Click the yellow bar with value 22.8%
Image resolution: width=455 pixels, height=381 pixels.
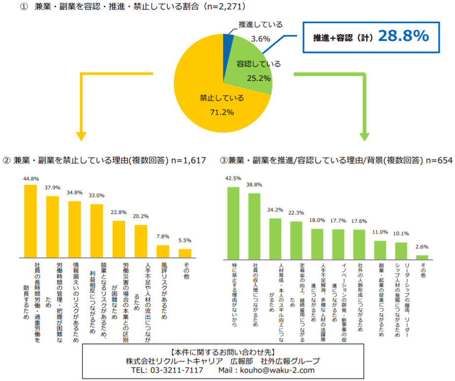click(x=119, y=239)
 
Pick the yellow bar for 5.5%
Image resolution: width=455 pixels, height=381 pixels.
click(x=185, y=253)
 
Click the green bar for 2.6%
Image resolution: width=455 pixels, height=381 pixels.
click(x=422, y=257)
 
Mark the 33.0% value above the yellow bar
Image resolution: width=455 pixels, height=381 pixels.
click(x=97, y=195)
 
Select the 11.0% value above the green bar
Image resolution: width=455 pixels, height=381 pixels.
click(x=380, y=232)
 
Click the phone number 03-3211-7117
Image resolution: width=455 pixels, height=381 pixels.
click(x=174, y=370)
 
